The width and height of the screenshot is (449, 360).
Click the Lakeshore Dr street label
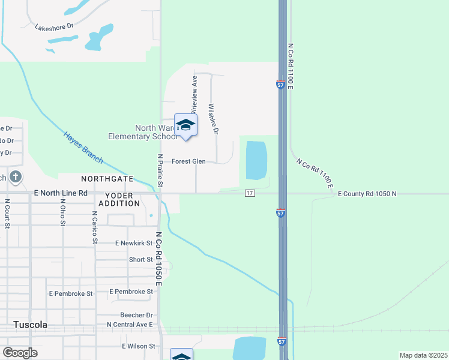click(x=53, y=27)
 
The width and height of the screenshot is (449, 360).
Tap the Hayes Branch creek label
click(x=83, y=147)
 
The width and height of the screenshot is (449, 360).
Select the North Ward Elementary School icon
click(x=185, y=125)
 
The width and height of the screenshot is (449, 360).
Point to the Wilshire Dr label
click(x=213, y=119)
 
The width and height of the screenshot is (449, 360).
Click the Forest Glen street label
click(x=188, y=161)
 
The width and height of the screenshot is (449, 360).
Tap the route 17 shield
click(x=250, y=193)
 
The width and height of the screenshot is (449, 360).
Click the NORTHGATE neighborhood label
click(x=107, y=179)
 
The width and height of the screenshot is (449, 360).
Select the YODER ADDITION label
click(x=122, y=199)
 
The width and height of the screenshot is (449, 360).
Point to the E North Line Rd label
click(x=61, y=193)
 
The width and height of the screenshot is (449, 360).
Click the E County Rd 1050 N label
click(x=367, y=194)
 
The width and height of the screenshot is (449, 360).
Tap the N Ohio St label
click(x=62, y=213)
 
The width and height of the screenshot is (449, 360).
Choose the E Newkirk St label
click(x=134, y=243)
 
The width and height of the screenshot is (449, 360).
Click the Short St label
click(x=141, y=260)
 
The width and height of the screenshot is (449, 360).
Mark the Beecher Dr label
click(x=136, y=315)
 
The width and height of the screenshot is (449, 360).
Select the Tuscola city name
click(x=30, y=325)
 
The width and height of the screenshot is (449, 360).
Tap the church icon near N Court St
click(x=16, y=178)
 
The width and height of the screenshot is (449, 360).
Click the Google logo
click(x=20, y=353)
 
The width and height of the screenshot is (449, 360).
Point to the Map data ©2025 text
click(x=423, y=355)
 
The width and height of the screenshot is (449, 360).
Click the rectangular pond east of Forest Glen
click(x=256, y=160)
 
